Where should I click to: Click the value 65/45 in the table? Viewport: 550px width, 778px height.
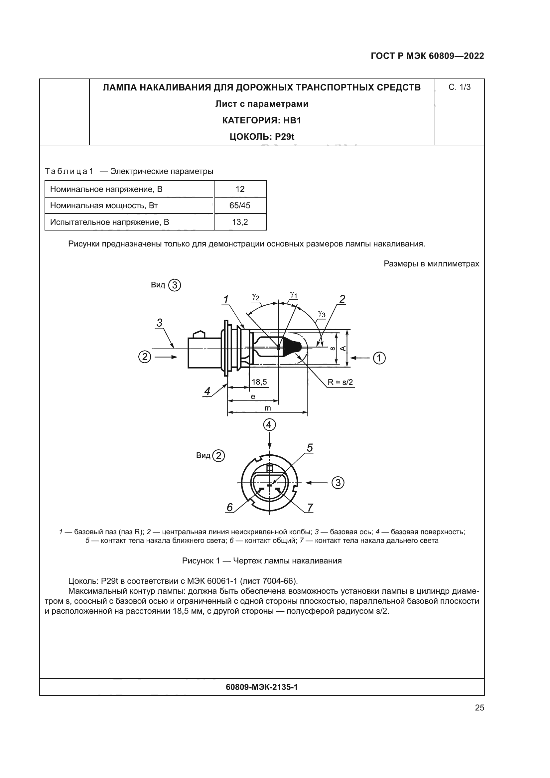[240, 205]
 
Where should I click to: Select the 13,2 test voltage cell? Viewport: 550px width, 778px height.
[240, 222]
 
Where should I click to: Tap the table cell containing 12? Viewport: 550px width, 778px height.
[240, 189]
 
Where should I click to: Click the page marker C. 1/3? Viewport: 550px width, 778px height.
[459, 87]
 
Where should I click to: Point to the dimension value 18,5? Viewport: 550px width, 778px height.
[259, 382]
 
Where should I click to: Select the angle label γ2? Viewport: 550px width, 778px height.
[256, 297]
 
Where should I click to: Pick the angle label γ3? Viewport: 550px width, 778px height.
[322, 314]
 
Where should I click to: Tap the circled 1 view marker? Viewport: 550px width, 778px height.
[379, 358]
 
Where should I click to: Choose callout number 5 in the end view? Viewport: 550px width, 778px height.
[310, 448]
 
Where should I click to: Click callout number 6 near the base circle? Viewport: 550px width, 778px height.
[230, 507]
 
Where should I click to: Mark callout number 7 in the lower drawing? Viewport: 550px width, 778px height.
[310, 508]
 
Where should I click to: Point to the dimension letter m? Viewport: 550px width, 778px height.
[268, 408]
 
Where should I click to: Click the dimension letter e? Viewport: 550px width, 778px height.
[253, 396]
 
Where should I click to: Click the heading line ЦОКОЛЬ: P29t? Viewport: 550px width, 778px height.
[261, 137]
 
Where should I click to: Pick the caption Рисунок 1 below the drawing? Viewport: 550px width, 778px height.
[261, 561]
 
